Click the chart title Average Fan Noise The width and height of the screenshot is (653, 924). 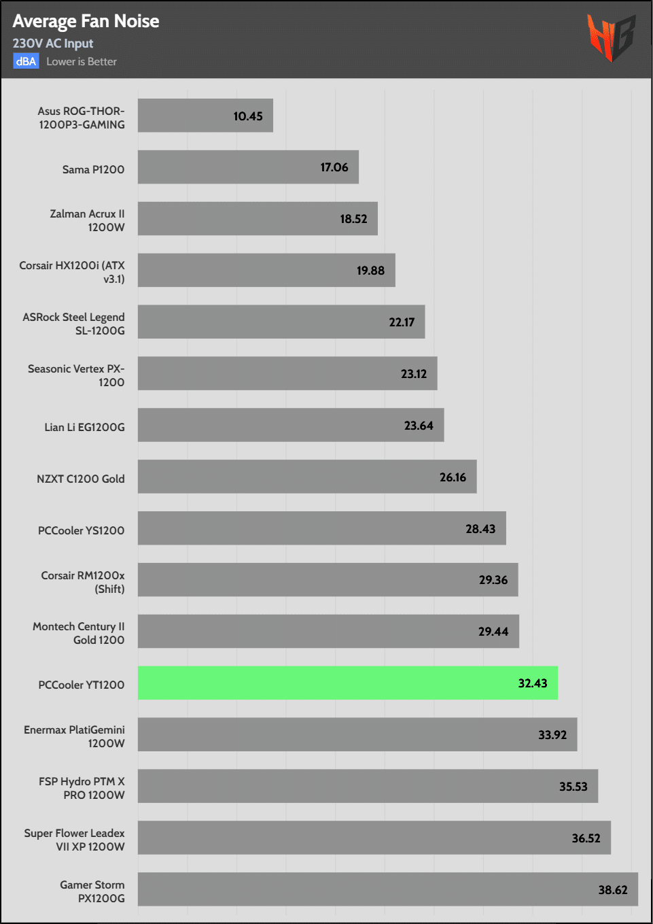(86, 21)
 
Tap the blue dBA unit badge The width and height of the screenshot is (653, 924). (26, 61)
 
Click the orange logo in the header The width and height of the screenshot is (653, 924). (611, 37)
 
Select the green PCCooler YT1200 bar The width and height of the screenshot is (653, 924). (347, 683)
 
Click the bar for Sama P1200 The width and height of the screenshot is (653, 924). (248, 167)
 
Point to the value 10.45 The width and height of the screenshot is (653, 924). (248, 116)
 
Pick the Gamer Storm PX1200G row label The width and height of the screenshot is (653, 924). (92, 891)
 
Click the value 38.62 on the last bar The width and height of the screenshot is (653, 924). (613, 890)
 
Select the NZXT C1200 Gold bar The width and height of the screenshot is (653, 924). (307, 477)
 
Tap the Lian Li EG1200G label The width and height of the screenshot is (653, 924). (85, 427)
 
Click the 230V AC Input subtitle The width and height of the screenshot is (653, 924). (53, 44)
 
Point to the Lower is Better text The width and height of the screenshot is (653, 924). (82, 61)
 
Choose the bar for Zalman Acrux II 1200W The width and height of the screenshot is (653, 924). (258, 218)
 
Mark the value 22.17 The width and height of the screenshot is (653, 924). (402, 322)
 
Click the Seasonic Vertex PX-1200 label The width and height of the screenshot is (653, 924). (76, 375)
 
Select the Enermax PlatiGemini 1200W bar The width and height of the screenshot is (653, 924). (357, 734)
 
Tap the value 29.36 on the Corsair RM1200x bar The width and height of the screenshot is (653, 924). (493, 580)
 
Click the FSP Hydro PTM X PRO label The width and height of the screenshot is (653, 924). (82, 788)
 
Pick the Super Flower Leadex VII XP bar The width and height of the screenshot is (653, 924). (374, 838)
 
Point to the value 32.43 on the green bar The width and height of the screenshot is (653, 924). (533, 683)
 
